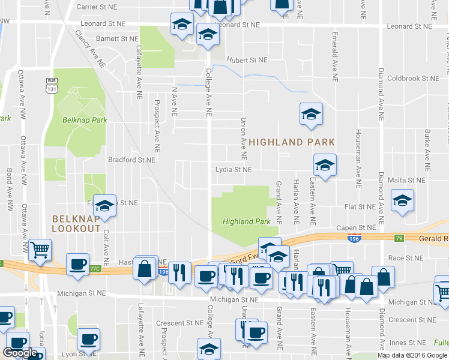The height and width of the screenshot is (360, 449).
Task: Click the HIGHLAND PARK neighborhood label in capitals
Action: click(x=292, y=142)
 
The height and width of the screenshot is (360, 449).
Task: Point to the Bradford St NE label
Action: click(x=131, y=160)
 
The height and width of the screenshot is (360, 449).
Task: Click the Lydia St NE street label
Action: click(x=234, y=170)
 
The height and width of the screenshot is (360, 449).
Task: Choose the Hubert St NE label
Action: click(x=246, y=60)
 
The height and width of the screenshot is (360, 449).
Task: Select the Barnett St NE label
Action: click(x=117, y=38)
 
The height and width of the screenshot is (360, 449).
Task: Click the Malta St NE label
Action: click(x=407, y=179)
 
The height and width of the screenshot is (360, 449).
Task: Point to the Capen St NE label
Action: click(x=356, y=227)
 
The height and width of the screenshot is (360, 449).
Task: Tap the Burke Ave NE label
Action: click(x=428, y=148)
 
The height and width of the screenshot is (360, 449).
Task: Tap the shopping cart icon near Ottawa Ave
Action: click(x=40, y=249)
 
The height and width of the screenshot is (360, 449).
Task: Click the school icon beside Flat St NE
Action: click(x=402, y=200)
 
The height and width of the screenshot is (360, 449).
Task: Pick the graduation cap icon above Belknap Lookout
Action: click(x=105, y=205)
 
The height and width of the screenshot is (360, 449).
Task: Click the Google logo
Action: click(x=20, y=353)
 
